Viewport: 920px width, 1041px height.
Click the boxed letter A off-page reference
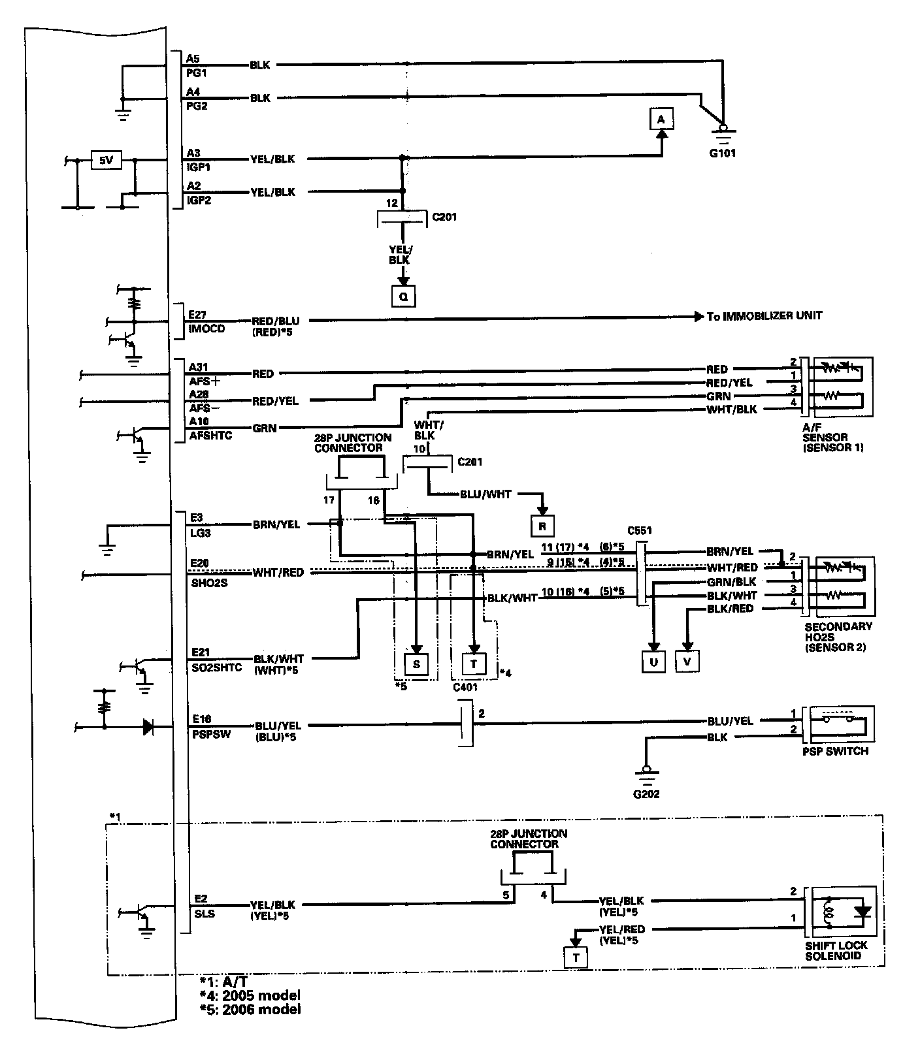point(661,120)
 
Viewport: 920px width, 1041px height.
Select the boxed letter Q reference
point(402,296)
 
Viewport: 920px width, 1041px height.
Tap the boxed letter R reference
point(542,526)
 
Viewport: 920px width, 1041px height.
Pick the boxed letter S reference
point(416,664)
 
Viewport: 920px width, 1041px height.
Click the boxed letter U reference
point(653,662)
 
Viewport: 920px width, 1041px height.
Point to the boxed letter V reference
point(687,662)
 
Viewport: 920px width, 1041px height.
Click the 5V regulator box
point(106,160)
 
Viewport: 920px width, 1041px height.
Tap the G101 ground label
point(722,155)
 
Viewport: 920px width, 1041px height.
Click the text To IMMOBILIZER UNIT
point(764,316)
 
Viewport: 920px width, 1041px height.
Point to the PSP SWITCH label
point(835,751)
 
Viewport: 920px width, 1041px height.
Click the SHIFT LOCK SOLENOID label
point(836,950)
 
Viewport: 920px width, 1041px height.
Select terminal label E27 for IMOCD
point(197,315)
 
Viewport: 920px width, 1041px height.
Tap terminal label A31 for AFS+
point(197,368)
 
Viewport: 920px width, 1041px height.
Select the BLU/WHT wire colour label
point(485,494)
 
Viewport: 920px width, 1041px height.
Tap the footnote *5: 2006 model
point(250,1009)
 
